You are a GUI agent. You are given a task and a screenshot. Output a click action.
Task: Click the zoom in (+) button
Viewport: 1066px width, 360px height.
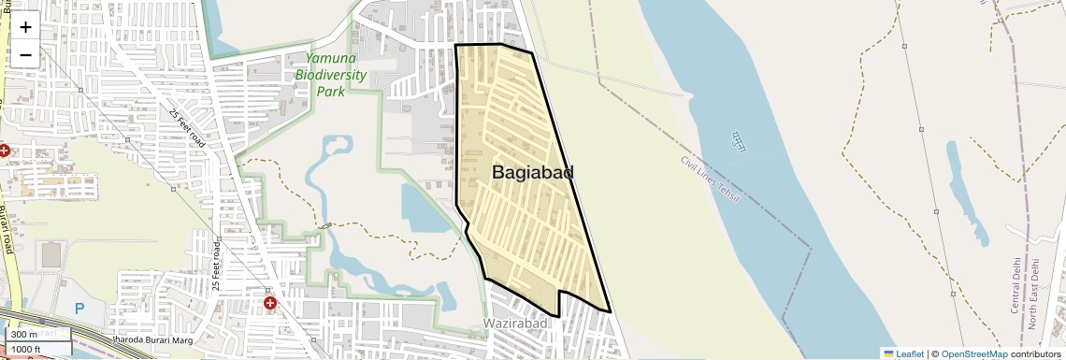click(25, 27)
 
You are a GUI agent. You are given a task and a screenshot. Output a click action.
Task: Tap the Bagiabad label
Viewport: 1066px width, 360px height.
click(532, 172)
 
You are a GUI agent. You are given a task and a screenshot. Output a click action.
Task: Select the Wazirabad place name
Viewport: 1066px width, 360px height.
click(513, 324)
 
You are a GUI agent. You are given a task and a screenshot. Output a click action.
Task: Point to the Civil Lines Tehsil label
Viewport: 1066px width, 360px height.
click(710, 178)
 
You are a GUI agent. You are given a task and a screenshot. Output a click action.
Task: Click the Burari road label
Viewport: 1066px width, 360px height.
click(7, 229)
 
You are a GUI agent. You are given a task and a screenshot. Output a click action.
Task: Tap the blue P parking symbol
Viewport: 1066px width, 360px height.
click(79, 308)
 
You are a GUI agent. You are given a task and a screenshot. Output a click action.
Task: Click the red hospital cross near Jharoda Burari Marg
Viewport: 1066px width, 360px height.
click(270, 303)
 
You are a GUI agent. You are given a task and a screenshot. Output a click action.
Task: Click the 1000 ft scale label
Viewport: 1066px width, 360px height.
click(27, 350)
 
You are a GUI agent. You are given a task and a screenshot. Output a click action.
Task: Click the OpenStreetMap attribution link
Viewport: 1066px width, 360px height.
click(973, 353)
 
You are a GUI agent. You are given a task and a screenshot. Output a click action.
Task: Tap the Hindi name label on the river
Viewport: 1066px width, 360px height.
click(738, 144)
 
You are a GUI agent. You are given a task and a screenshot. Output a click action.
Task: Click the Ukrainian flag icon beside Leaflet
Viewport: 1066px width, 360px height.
click(888, 353)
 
